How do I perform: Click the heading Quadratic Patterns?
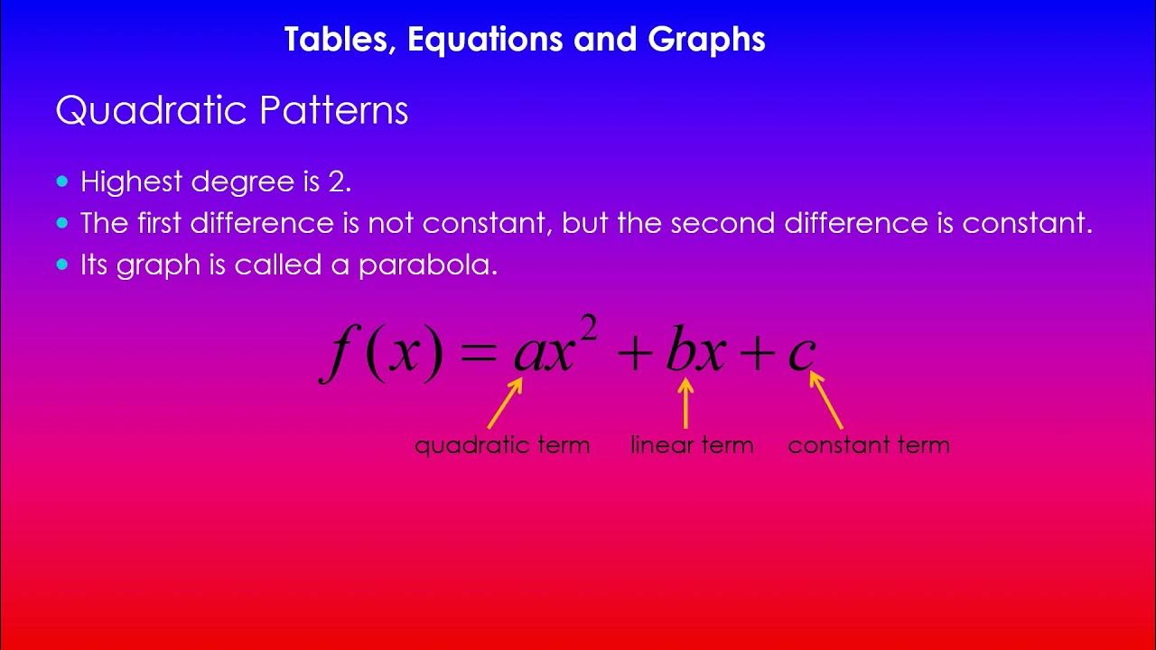click(232, 111)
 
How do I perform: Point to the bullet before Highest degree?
click(62, 181)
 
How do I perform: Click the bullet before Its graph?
click(62, 265)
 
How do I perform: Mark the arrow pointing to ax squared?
click(505, 403)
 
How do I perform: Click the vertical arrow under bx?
click(685, 403)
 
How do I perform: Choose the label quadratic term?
click(502, 445)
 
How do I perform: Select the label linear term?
click(692, 445)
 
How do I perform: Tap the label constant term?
click(869, 445)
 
